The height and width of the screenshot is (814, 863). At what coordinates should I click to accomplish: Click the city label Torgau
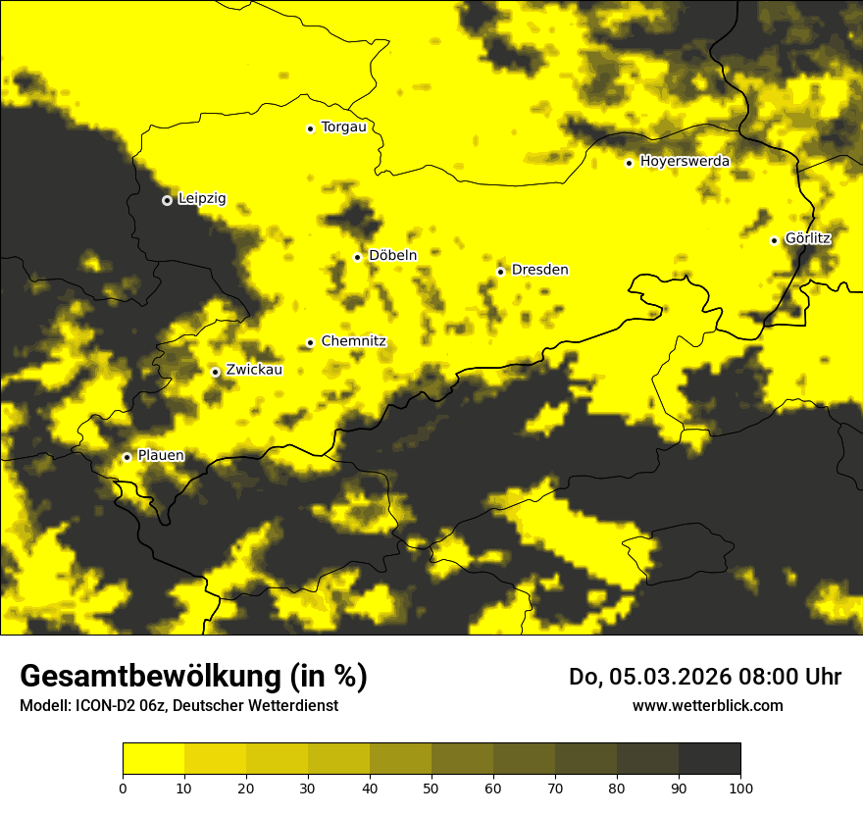click(x=343, y=127)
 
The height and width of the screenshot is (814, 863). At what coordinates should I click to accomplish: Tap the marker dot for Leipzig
click(x=167, y=200)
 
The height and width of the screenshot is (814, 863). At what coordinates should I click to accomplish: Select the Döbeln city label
click(x=392, y=255)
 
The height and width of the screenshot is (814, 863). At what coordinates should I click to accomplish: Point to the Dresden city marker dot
click(x=500, y=272)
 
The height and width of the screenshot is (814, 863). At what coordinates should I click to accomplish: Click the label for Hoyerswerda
click(x=685, y=161)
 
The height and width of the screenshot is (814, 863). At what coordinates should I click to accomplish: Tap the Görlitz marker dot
click(x=774, y=240)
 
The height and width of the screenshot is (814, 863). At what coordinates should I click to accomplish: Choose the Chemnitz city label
click(x=353, y=341)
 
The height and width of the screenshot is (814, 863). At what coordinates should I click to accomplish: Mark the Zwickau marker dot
click(x=215, y=372)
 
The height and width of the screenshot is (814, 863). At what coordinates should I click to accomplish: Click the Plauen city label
click(x=161, y=455)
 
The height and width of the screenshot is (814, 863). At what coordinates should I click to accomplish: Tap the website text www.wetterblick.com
click(x=708, y=705)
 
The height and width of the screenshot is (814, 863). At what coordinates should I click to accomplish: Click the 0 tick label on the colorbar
click(x=123, y=788)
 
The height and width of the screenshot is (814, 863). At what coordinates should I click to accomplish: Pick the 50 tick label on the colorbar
click(x=431, y=788)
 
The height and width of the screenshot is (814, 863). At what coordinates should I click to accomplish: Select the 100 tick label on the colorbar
click(x=740, y=788)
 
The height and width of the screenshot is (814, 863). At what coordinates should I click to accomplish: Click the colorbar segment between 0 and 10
click(x=153, y=758)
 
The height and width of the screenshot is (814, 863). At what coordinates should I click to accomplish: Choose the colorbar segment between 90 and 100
click(x=709, y=758)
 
